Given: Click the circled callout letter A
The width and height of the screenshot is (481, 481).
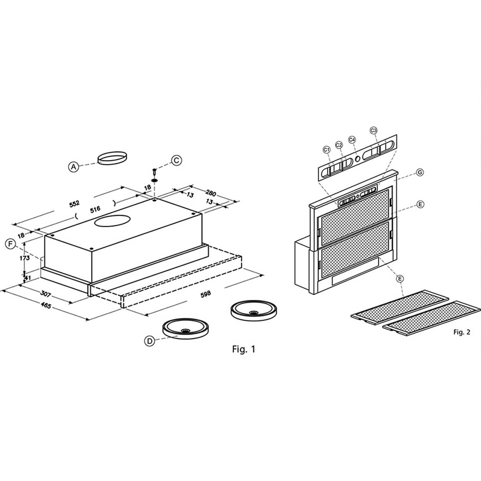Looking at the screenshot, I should click(x=73, y=166).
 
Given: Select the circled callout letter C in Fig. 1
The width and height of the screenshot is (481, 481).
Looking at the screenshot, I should click(x=176, y=160).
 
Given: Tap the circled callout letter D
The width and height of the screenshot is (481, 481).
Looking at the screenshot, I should click(x=150, y=341).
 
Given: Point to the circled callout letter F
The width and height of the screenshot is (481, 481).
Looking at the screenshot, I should click(x=11, y=244).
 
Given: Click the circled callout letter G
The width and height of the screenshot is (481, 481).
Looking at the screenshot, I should click(x=420, y=172).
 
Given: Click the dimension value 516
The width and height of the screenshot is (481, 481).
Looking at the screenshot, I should click(x=95, y=209).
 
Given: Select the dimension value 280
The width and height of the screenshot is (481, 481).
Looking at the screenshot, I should click(x=210, y=194).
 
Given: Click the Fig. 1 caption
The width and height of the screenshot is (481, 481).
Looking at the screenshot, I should click(x=243, y=349).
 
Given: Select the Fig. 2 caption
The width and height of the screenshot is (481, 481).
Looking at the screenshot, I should click(x=461, y=332).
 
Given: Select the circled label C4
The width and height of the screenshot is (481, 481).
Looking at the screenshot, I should click(x=352, y=140).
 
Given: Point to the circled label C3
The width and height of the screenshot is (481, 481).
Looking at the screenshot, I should click(x=374, y=130).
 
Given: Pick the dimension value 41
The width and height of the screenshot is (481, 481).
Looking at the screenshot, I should click(x=27, y=277).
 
